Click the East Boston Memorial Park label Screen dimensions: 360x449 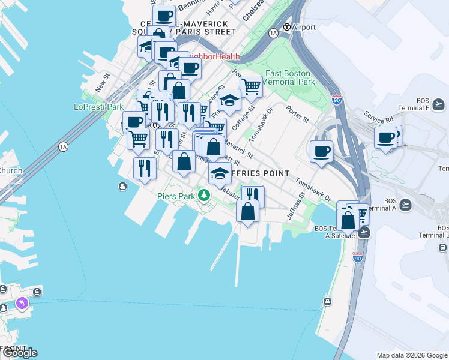pos(289,77)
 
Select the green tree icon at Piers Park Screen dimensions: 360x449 pos(205,195)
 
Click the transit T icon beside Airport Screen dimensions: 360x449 pos(287,27)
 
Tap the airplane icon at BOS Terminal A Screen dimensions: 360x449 pos(406,204)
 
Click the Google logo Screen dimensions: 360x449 pos(20,352)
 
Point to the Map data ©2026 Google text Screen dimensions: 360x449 pos(412,355)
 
